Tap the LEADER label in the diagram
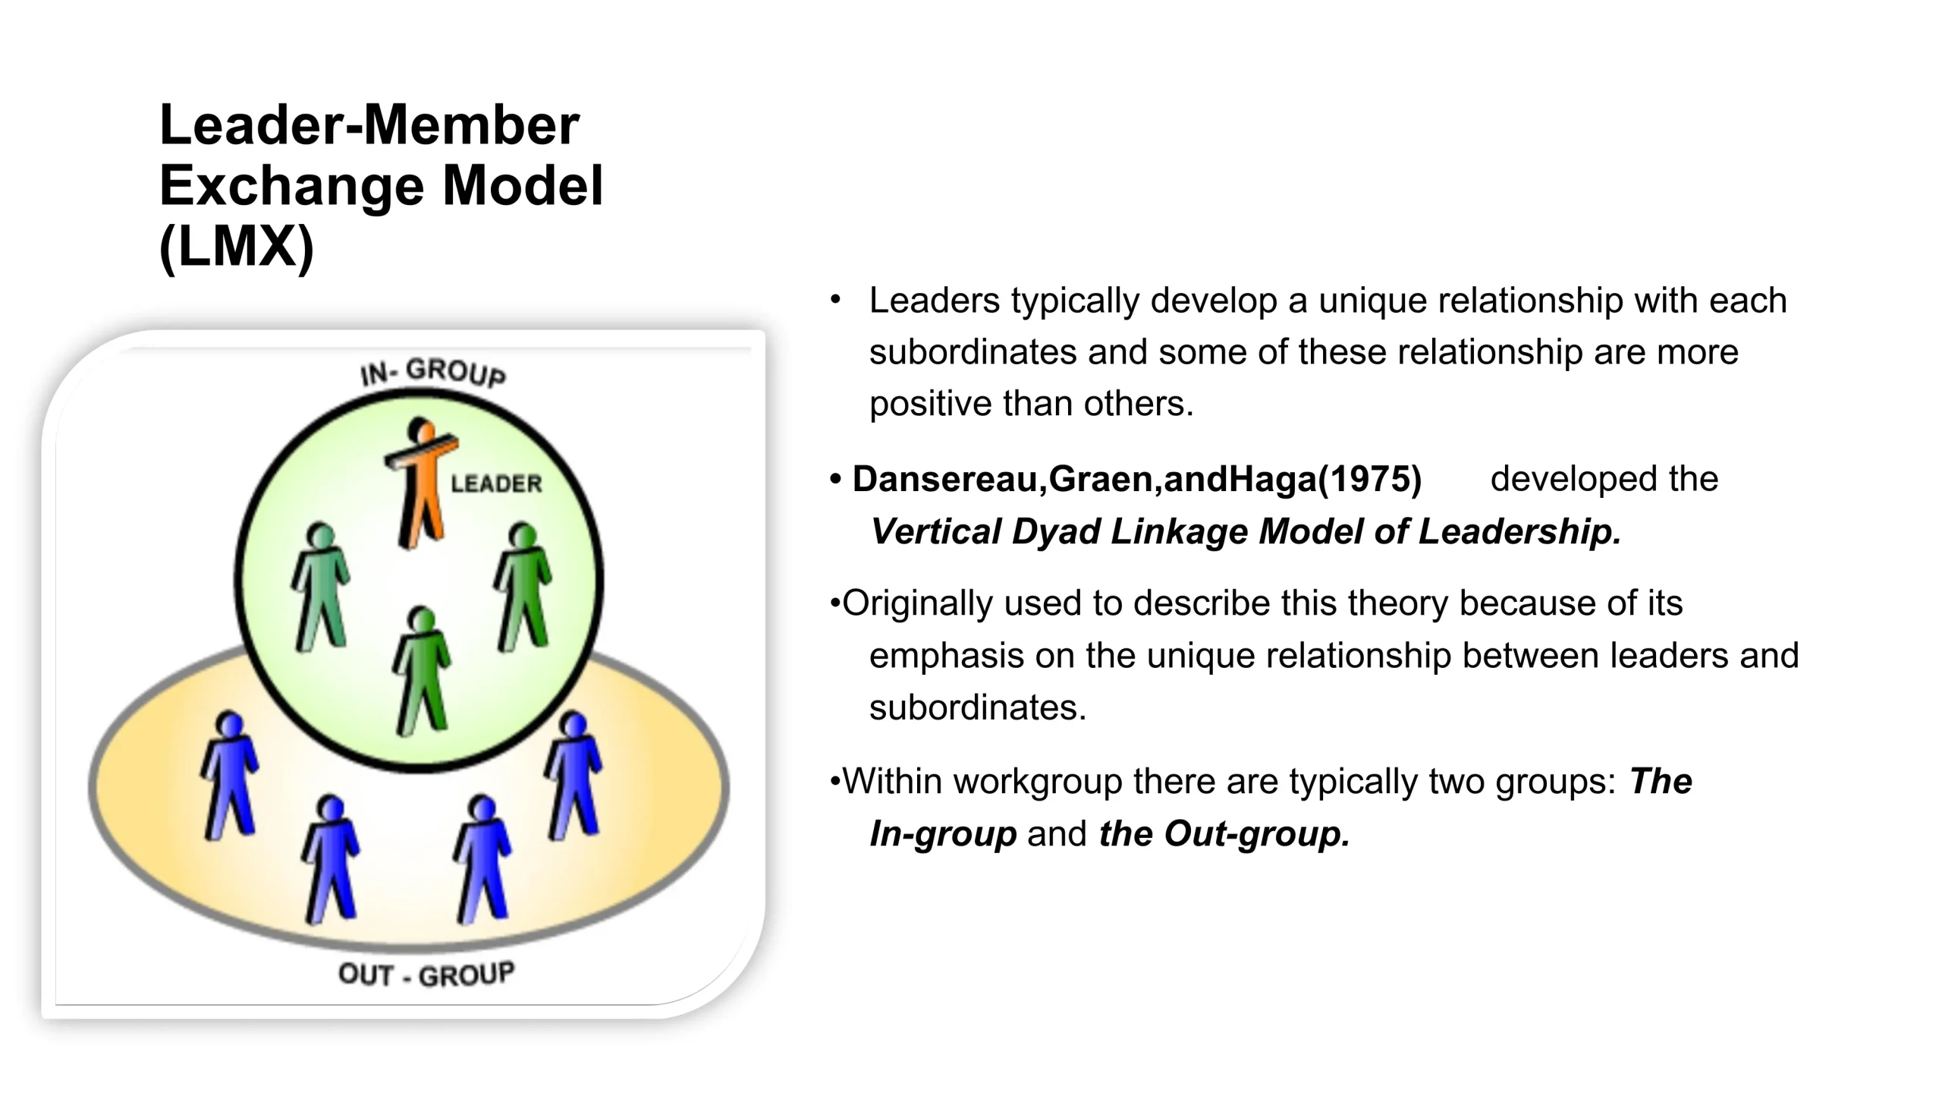click(x=496, y=484)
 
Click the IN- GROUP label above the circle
click(x=432, y=373)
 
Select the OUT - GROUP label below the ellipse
click(x=426, y=975)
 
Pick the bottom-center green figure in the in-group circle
click(x=422, y=672)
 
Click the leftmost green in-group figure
click(x=321, y=587)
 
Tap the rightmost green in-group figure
click(x=523, y=587)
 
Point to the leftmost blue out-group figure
click(x=229, y=776)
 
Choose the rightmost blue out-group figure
click(x=573, y=776)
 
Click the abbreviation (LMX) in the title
click(x=237, y=246)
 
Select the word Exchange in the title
click(x=291, y=185)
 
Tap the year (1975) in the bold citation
click(x=1370, y=479)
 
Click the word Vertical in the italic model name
click(x=936, y=531)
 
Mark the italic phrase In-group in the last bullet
click(x=942, y=833)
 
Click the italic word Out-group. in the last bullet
click(x=1257, y=833)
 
